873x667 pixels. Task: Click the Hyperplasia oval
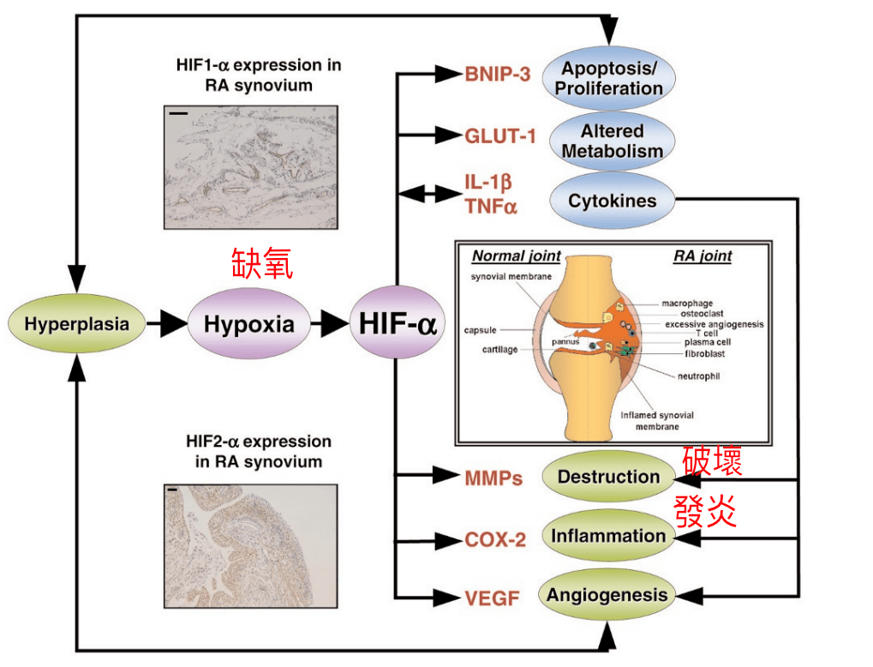tap(76, 324)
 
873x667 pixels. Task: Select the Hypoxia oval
tap(248, 324)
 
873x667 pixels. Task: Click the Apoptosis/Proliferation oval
tap(609, 78)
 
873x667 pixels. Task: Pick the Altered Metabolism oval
tap(609, 141)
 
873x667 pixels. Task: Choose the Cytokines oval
tap(612, 201)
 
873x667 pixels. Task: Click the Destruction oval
tap(608, 477)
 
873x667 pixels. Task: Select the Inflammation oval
tap(608, 537)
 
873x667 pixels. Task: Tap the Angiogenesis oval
tap(607, 595)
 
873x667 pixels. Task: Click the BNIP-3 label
tap(498, 74)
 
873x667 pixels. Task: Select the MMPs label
tap(493, 478)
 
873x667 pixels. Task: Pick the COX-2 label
tap(495, 540)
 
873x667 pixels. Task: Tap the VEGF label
tap(493, 598)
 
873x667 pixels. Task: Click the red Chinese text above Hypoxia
tap(262, 263)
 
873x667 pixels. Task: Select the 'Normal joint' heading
tap(517, 255)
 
